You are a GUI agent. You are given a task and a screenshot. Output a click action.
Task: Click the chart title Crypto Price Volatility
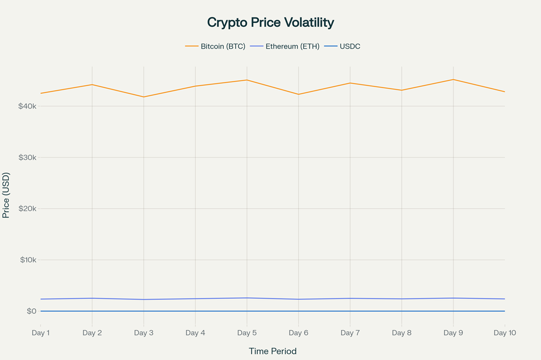270,22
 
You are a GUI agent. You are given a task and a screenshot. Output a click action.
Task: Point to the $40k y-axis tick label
27,106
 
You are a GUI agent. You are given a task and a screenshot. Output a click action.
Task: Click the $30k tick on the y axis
27,158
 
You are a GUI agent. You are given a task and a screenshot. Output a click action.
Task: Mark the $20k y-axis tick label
27,209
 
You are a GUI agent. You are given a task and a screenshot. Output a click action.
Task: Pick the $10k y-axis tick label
27,260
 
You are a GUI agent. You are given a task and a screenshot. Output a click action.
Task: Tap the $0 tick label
31,311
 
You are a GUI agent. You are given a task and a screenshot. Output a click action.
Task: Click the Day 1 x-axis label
41,333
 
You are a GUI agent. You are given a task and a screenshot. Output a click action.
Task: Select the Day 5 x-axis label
247,333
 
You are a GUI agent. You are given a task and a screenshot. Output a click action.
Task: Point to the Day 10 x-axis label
504,333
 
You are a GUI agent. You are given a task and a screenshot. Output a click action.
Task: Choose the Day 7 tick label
350,333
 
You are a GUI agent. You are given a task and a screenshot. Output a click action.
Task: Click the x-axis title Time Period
272,351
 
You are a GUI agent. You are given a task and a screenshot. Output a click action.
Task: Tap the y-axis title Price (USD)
6,195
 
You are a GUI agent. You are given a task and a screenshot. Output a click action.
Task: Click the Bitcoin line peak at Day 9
453,80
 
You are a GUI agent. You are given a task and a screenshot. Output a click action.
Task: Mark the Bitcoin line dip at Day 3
144,97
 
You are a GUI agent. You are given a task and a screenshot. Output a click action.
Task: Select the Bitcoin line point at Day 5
247,80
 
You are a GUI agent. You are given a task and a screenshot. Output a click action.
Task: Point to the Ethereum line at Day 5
247,298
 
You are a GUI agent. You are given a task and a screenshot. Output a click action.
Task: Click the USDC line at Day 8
402,311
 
